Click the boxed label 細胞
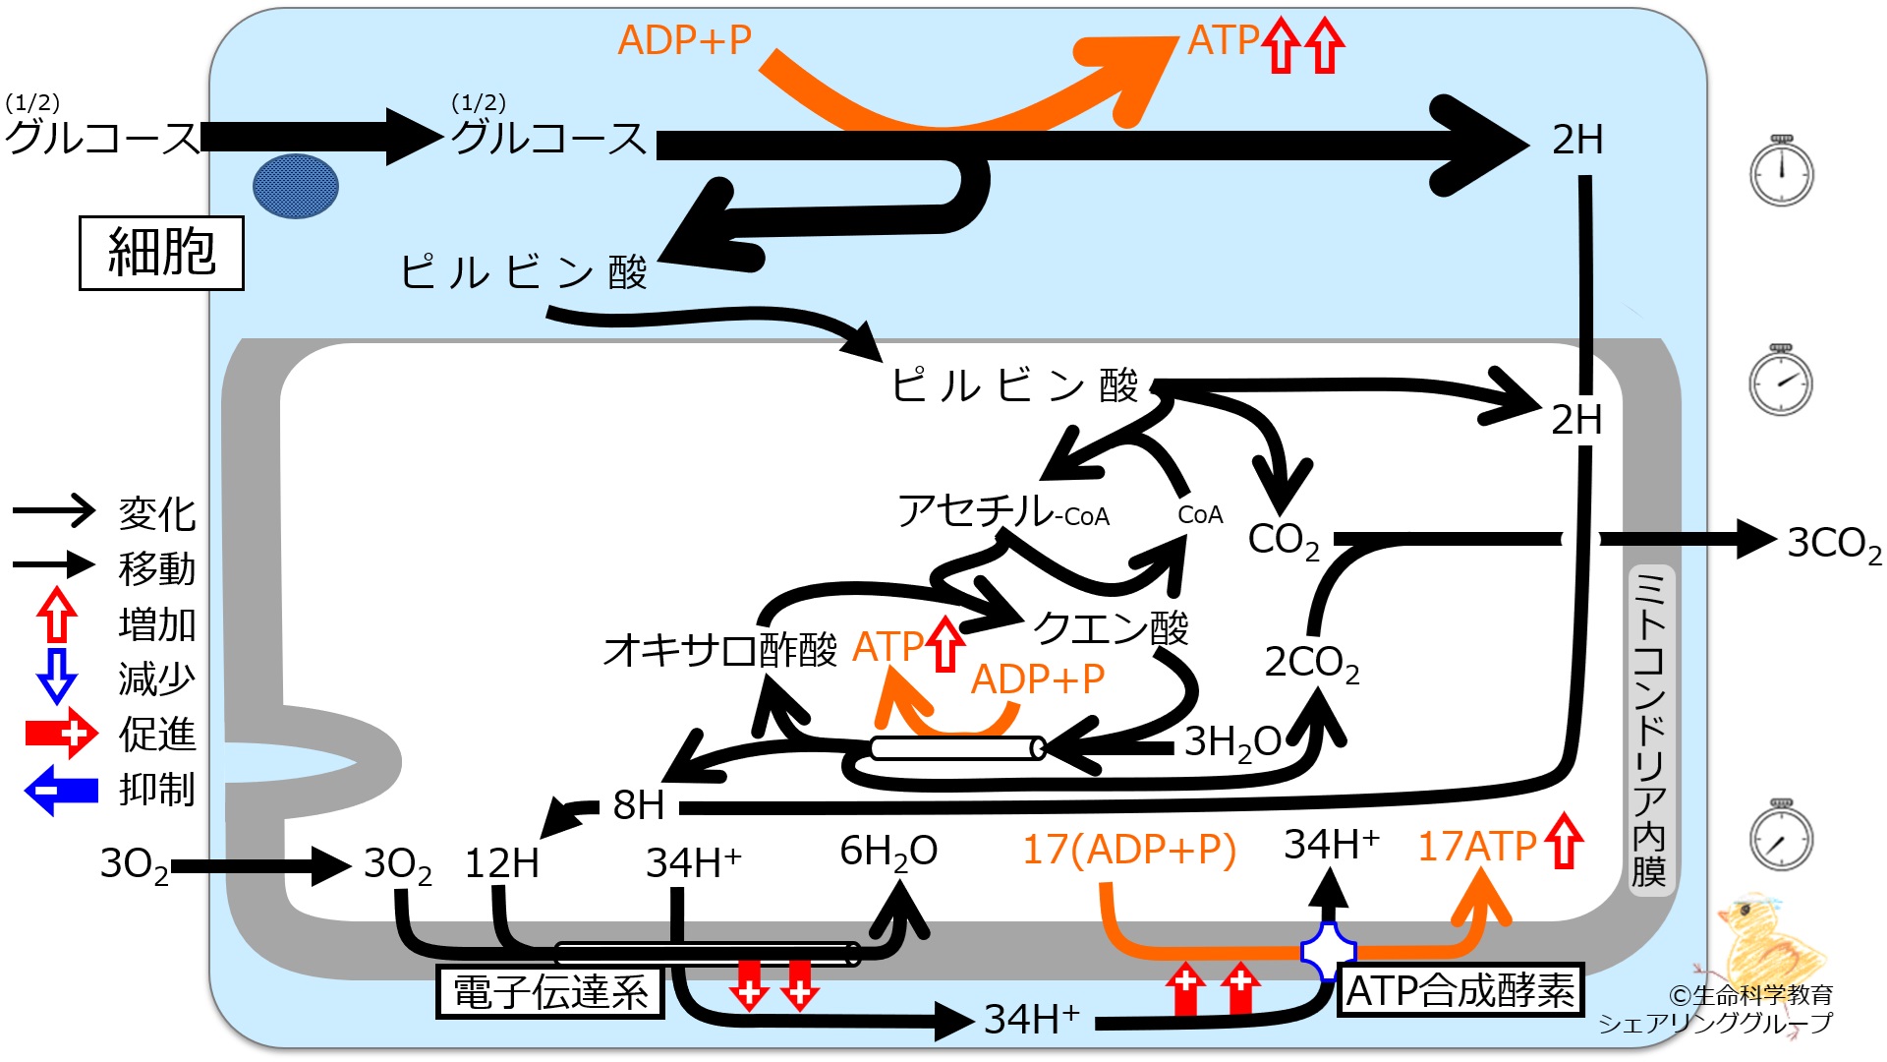click(x=161, y=253)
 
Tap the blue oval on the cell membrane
click(x=296, y=186)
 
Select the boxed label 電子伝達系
click(x=550, y=992)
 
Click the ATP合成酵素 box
click(x=1460, y=989)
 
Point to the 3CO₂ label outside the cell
click(x=1834, y=544)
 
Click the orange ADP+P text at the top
click(x=685, y=40)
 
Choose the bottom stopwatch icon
click(x=1782, y=835)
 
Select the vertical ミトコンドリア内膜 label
click(x=1649, y=728)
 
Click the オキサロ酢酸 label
click(x=720, y=650)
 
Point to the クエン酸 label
click(x=1111, y=627)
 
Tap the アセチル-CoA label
click(x=1003, y=511)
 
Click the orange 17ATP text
click(x=1477, y=847)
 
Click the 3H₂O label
click(x=1232, y=743)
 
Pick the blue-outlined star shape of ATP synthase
click(x=1329, y=951)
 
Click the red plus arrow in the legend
click(x=61, y=734)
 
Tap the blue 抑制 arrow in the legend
click(x=61, y=791)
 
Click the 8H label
click(x=639, y=805)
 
